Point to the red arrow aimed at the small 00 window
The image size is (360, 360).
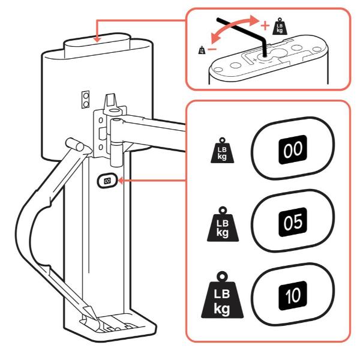tap(150, 179)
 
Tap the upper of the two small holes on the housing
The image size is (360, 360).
tap(86, 96)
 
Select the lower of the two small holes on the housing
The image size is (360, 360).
tap(86, 104)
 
